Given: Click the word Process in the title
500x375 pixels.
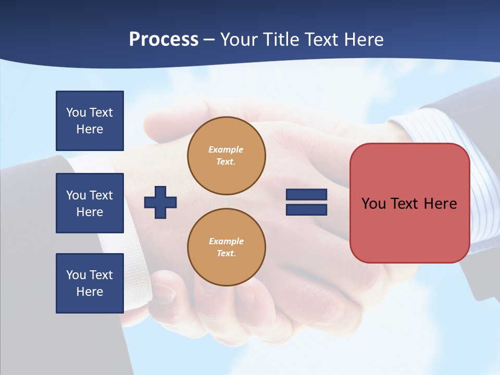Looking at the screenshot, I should coord(164,40).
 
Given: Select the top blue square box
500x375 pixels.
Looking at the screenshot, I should coord(90,121).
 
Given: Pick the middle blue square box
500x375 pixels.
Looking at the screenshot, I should coord(90,203).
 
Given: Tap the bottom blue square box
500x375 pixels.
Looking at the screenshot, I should coord(90,283).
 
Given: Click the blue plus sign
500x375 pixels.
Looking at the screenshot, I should coord(160,202).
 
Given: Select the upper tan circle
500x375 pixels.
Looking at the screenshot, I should coord(227,156).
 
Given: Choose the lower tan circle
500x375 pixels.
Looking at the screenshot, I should coord(227,247).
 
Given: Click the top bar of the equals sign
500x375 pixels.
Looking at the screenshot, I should coord(306,195).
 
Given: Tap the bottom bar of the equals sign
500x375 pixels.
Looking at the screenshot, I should coord(306,209).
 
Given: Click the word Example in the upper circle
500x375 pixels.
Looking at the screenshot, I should coord(226,149).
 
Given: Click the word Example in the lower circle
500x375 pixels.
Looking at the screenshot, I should coord(226,241).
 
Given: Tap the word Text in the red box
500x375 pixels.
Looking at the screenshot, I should coord(405,204).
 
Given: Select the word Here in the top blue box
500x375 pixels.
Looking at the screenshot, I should coord(90,129).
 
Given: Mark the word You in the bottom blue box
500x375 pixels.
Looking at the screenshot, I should coord(76,275).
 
